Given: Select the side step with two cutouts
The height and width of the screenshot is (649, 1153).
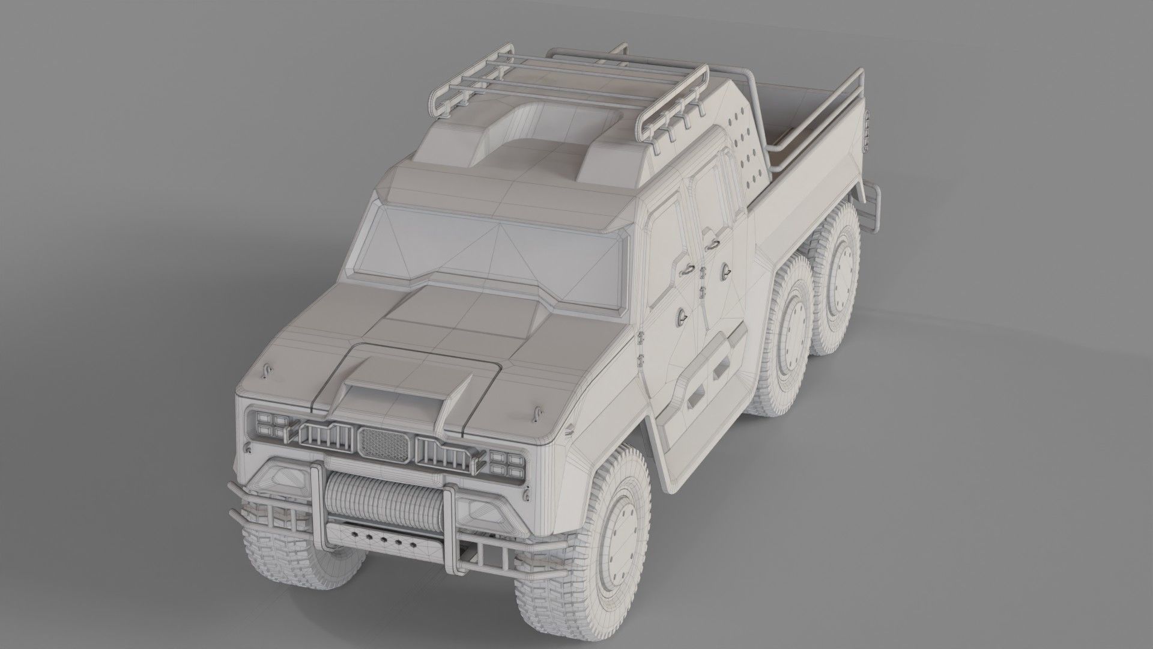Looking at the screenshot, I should (x=709, y=385).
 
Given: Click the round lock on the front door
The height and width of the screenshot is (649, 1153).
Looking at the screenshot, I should (x=682, y=318).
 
